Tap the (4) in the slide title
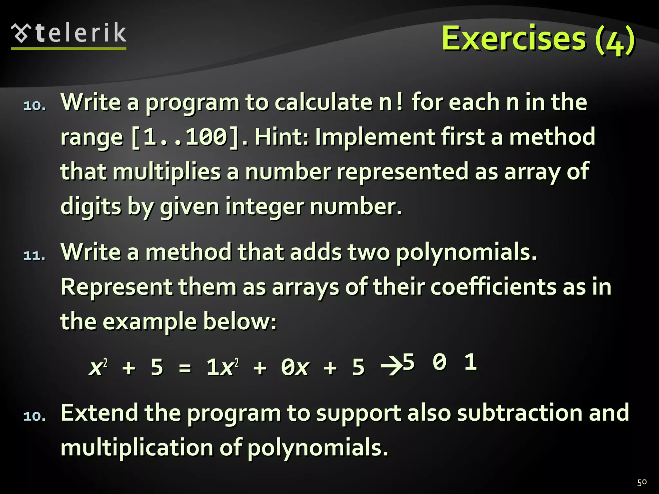pyautogui.click(x=615, y=40)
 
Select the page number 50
pyautogui.click(x=642, y=482)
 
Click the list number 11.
pyautogui.click(x=34, y=256)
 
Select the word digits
pyautogui.click(x=91, y=206)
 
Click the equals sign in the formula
pyautogui.click(x=185, y=367)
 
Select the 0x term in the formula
pyautogui.click(x=295, y=367)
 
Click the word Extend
pyautogui.click(x=99, y=413)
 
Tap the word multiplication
pyautogui.click(x=137, y=448)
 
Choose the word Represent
pyautogui.click(x=116, y=287)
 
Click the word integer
pyautogui.click(x=264, y=206)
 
